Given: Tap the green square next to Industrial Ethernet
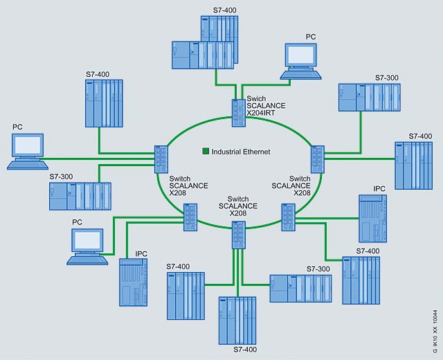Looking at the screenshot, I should (x=206, y=151).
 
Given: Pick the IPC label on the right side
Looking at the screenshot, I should (x=379, y=188).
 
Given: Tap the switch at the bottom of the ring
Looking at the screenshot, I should (x=238, y=235).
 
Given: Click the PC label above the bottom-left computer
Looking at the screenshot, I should (x=78, y=222).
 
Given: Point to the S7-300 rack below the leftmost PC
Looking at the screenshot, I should (x=80, y=196).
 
